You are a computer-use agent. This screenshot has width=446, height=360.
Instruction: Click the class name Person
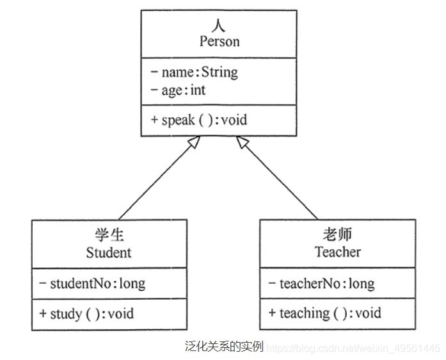point(219,42)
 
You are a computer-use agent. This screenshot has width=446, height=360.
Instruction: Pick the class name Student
point(109,252)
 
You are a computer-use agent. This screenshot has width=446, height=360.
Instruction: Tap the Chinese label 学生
point(109,235)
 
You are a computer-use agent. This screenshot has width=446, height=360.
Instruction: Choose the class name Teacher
point(337,252)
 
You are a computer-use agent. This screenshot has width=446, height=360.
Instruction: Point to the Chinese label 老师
point(337,235)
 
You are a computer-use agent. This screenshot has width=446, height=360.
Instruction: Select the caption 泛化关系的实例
point(223,347)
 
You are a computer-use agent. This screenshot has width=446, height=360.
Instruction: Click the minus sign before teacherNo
point(273,283)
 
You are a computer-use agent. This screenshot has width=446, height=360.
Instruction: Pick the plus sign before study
point(43,313)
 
